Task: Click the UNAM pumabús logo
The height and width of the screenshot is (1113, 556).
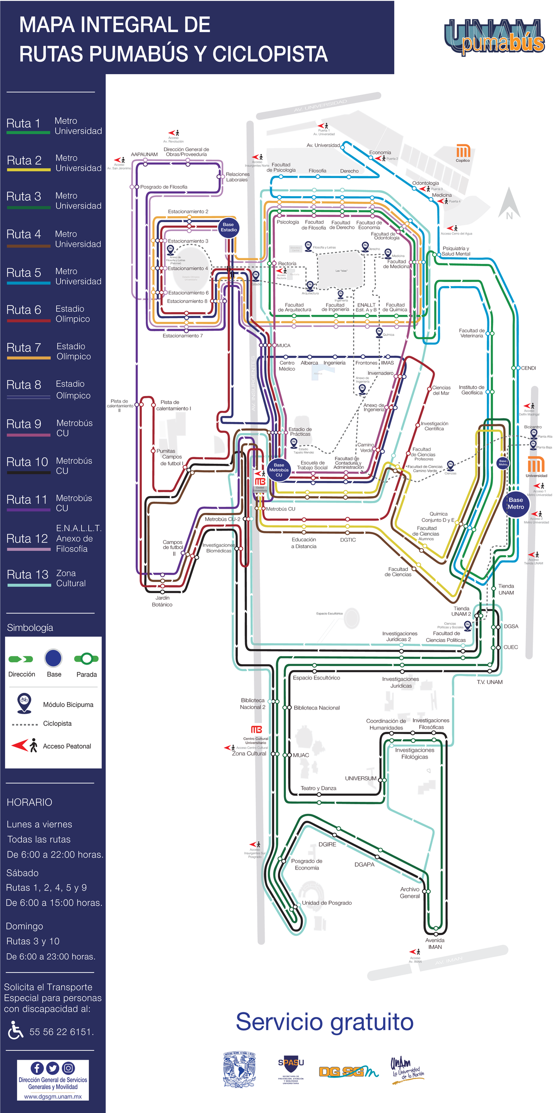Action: click(x=494, y=37)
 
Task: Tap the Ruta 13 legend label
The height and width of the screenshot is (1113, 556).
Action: click(x=28, y=575)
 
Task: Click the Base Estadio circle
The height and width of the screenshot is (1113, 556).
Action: click(x=228, y=227)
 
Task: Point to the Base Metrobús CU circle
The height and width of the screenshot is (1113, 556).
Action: click(x=279, y=470)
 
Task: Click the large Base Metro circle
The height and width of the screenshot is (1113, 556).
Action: click(x=516, y=503)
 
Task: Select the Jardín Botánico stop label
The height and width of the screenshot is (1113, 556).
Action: click(x=162, y=601)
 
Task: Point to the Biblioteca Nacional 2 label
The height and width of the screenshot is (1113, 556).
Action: click(x=253, y=704)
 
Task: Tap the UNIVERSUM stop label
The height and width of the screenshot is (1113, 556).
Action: click(x=360, y=778)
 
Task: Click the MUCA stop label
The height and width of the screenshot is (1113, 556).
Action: click(x=284, y=345)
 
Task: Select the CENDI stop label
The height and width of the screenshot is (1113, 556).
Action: click(x=528, y=368)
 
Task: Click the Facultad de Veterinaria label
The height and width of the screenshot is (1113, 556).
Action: click(x=472, y=333)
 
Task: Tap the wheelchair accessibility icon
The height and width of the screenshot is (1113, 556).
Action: click(x=15, y=1030)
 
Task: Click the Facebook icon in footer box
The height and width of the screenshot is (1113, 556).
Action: click(x=37, y=1068)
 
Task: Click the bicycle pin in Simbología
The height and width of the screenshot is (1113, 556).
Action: click(x=24, y=703)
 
